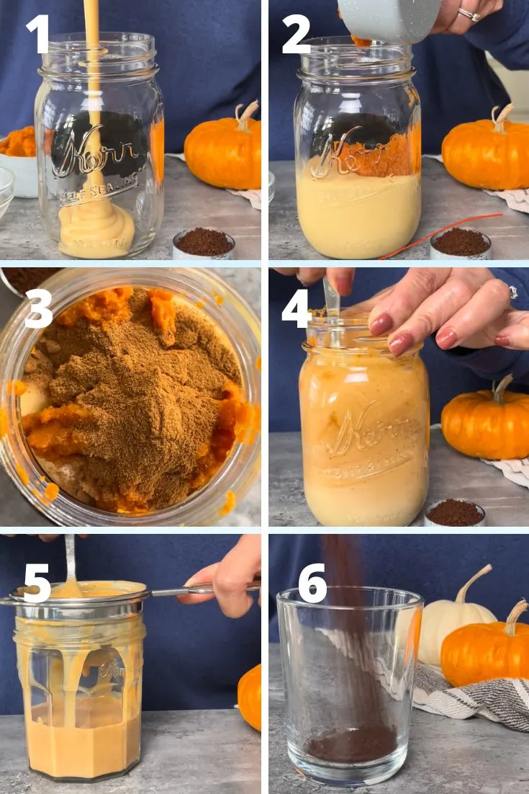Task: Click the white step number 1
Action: [37, 33]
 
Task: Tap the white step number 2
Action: [296, 35]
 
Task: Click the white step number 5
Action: [37, 582]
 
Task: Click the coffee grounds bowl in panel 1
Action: [204, 244]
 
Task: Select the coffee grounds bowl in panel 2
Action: [461, 244]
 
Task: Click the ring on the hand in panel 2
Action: [469, 14]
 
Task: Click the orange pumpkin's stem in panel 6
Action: [515, 617]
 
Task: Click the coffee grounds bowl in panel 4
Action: [455, 513]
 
